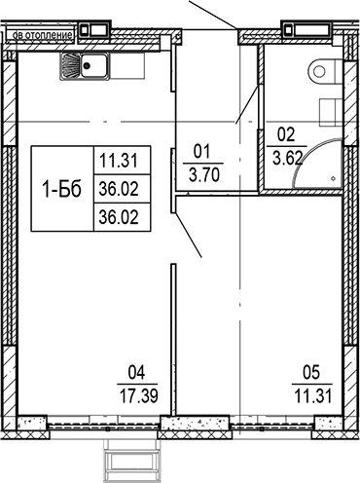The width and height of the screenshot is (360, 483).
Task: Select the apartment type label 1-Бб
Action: [63, 185]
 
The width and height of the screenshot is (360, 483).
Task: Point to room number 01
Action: [203, 151]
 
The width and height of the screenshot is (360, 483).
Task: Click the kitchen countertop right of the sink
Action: [126, 66]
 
